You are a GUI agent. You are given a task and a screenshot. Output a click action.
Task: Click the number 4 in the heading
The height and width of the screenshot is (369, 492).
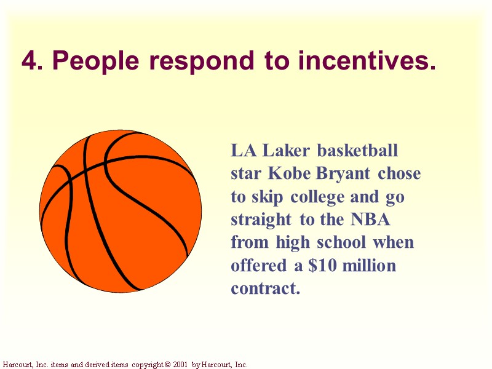(x=28, y=61)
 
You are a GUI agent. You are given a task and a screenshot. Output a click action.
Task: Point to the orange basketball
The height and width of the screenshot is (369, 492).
(x=120, y=211)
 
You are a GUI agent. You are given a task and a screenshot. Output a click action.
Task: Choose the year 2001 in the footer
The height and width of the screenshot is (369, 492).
(x=180, y=365)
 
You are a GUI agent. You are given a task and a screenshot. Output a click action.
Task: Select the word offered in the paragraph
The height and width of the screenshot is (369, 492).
(x=257, y=266)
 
